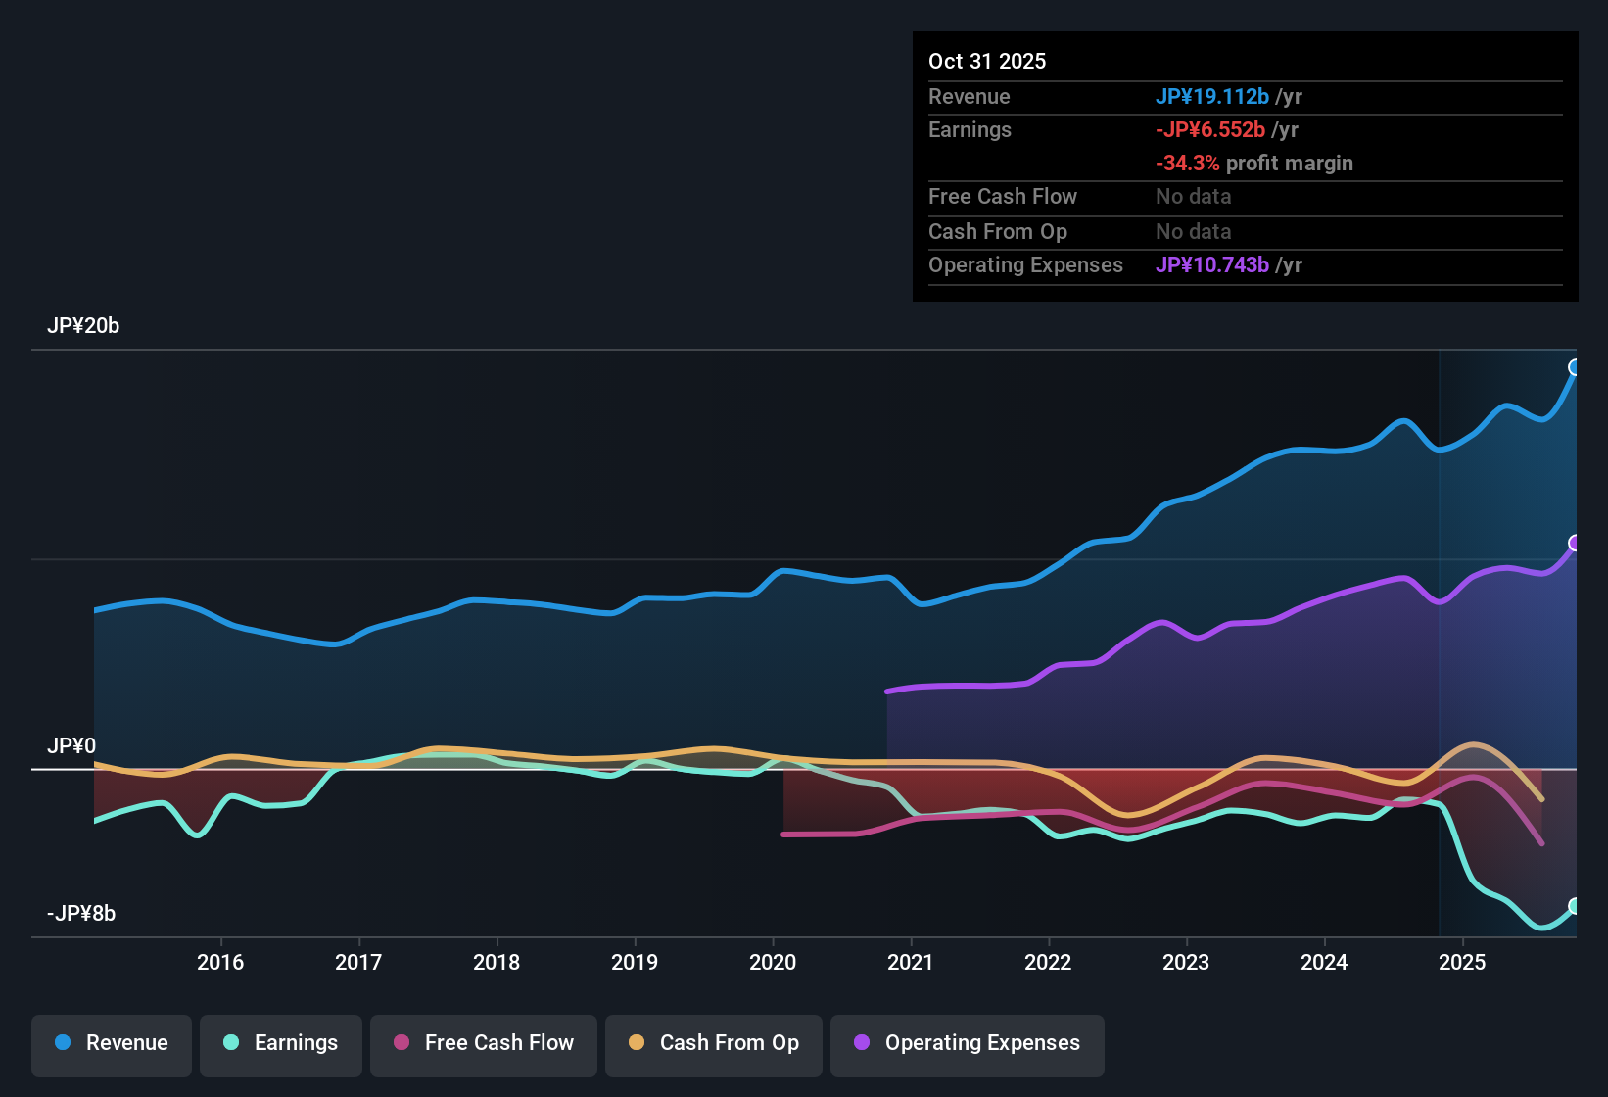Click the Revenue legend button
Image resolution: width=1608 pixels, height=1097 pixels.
112,1043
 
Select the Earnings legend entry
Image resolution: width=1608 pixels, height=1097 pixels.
281,1043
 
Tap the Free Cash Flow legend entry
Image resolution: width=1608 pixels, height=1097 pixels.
484,1043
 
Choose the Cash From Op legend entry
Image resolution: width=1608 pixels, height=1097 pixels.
714,1043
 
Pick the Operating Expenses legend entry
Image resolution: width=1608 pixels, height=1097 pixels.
968,1043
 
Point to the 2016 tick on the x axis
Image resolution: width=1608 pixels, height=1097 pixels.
220,962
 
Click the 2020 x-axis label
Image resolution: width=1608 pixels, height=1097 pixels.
773,962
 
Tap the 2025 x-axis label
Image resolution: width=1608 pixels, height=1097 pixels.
1462,962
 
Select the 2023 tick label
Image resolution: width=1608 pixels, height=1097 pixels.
1186,962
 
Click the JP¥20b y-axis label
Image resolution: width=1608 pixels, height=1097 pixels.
83,326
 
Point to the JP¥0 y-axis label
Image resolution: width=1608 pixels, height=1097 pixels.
71,746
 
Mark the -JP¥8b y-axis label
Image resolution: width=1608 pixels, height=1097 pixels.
81,914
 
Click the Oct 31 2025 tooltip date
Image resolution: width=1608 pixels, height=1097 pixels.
987,61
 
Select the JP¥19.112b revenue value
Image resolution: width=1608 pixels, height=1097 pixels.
1212,96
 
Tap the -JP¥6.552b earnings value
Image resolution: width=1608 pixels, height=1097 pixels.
1210,129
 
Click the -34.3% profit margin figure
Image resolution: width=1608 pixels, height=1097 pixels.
1187,163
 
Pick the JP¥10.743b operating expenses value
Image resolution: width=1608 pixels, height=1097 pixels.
1212,264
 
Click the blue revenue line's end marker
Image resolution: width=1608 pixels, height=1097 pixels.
1575,367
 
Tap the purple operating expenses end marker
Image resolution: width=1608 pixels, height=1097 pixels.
1575,543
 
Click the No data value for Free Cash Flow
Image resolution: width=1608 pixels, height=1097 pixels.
1193,196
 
